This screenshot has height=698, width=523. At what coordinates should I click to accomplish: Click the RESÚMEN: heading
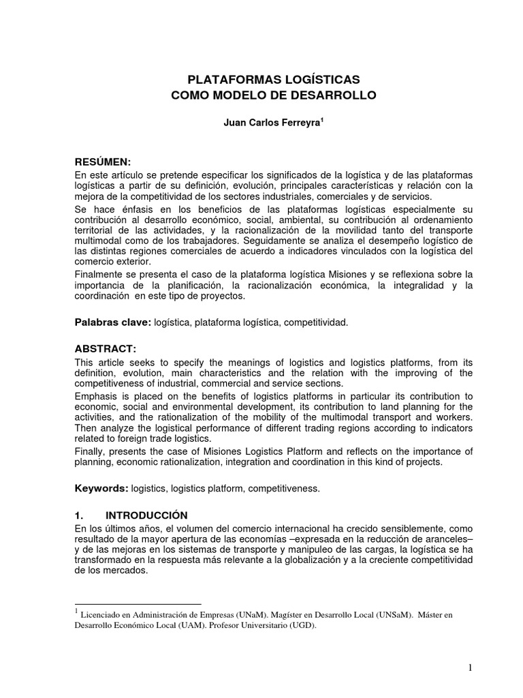coord(101,161)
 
